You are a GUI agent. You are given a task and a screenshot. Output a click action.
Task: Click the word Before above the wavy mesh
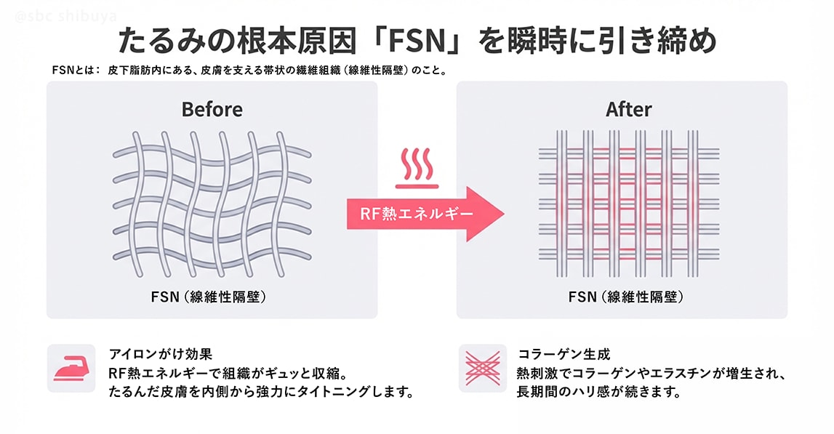(212, 110)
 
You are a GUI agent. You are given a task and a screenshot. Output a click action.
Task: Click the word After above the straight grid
(628, 110)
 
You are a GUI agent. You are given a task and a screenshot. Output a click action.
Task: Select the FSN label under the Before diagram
(164, 297)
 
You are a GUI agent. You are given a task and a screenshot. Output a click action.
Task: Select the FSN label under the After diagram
(581, 297)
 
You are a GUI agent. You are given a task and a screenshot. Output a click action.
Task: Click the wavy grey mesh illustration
(212, 196)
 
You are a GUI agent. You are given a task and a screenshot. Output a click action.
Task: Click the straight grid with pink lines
(628, 196)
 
